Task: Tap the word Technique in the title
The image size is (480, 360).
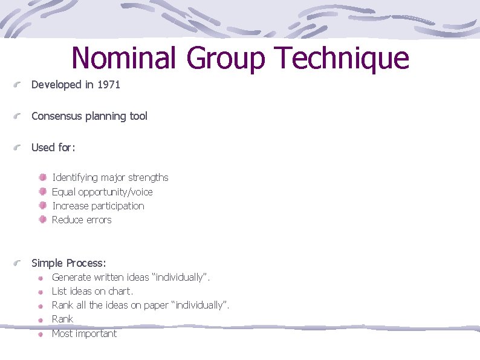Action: pos(342,59)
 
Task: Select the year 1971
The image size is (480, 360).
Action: pos(109,85)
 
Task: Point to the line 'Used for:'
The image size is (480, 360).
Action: pos(53,148)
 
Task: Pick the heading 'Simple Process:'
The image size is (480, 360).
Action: pos(68,263)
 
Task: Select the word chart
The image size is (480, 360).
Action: pos(119,292)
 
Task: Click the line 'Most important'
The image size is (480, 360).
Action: pos(84,333)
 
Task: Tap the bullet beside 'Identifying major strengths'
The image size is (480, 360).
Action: pos(42,178)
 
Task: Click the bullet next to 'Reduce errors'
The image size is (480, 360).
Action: pos(42,220)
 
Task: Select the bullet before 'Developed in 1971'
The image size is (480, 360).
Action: pos(19,85)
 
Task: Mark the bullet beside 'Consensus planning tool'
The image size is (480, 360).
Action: pos(19,117)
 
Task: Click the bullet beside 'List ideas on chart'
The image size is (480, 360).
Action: pos(39,292)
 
